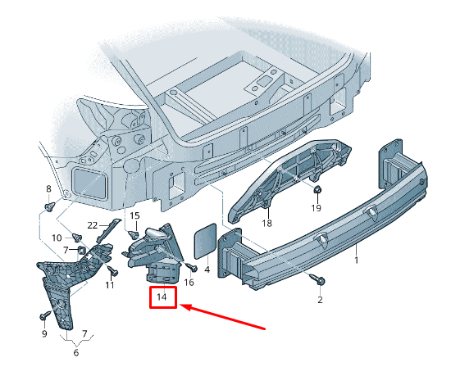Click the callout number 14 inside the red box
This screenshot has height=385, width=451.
pos(162,297)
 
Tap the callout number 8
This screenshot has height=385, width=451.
pos(48,188)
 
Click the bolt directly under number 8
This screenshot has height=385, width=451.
pos(49,206)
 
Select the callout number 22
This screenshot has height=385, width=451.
pos(93,225)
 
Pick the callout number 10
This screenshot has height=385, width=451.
pos(57,238)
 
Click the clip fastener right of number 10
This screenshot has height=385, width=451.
pos(77,238)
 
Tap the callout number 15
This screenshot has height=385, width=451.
pos(134,215)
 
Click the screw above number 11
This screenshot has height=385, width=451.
pos(112,270)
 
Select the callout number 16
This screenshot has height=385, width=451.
pos(189,283)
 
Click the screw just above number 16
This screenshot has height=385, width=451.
pos(192,267)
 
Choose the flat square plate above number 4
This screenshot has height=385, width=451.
pos(205,241)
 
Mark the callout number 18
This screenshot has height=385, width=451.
pos(267,223)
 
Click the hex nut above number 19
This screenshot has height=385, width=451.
pos(317,189)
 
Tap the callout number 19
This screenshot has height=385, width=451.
pos(316,208)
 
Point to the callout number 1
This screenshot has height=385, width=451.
pos(357,260)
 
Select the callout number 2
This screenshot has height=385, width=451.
pos(320,300)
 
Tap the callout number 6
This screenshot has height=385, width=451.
pos(76,352)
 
